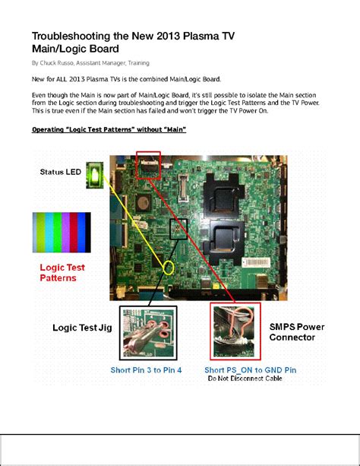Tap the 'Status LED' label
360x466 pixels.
click(x=60, y=172)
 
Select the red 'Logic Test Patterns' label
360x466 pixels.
click(x=62, y=273)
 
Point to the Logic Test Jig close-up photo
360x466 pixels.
click(x=148, y=332)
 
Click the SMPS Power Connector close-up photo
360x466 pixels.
click(x=235, y=331)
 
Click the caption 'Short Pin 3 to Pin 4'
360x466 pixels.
click(x=149, y=369)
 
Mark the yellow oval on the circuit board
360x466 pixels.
click(x=169, y=268)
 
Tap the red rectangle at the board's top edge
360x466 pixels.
click(x=149, y=163)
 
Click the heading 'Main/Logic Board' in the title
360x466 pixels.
click(x=74, y=49)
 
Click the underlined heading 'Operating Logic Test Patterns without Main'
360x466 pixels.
click(x=109, y=129)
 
